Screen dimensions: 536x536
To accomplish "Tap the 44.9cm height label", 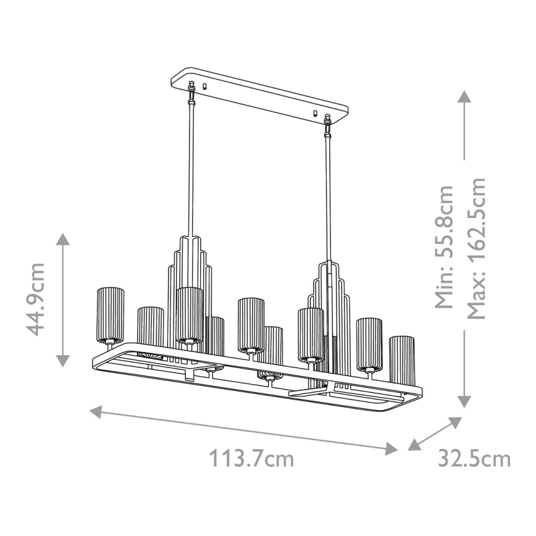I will [38, 298].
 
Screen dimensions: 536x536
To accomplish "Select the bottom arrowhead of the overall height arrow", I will [464, 401].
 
